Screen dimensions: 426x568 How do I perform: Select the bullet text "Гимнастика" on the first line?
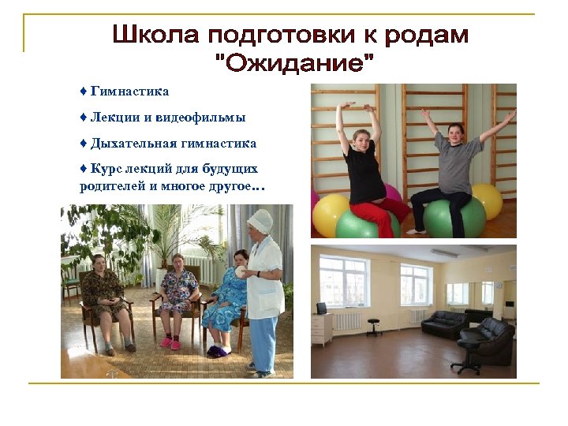pos(129,92)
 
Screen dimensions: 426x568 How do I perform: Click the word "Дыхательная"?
pos(133,144)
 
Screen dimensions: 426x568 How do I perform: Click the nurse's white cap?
pos(259,219)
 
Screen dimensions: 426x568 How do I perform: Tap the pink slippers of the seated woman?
pos(171,343)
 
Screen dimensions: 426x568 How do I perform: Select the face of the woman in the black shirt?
pos(362,140)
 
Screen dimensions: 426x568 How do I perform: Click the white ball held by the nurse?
pos(241,271)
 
